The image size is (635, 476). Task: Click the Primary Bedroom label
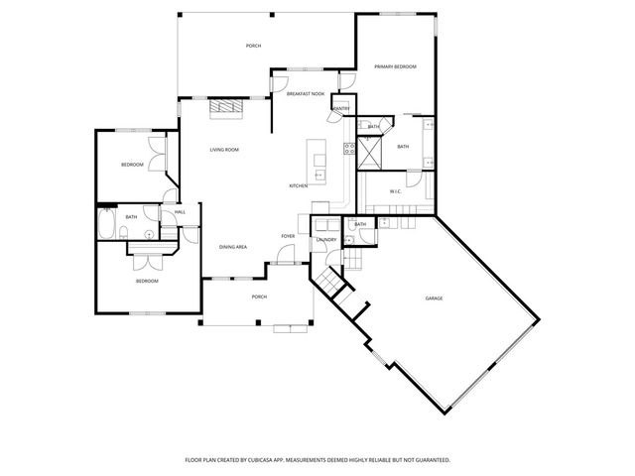point(395,66)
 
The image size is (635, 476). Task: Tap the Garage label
point(434,298)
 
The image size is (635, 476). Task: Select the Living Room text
point(223,150)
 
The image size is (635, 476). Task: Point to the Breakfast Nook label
point(305,93)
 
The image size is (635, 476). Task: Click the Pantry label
point(341,108)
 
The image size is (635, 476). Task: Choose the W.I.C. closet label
point(394,191)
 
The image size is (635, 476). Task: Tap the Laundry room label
point(326,240)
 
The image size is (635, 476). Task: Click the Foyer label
point(288,236)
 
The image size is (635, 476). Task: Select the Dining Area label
point(233,247)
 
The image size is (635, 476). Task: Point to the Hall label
point(180,212)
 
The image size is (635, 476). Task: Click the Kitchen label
point(298,186)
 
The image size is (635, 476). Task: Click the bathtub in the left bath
point(107,226)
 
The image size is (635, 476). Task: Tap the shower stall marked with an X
point(372,154)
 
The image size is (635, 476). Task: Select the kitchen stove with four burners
point(349,150)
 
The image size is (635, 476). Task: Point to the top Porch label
point(253,47)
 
